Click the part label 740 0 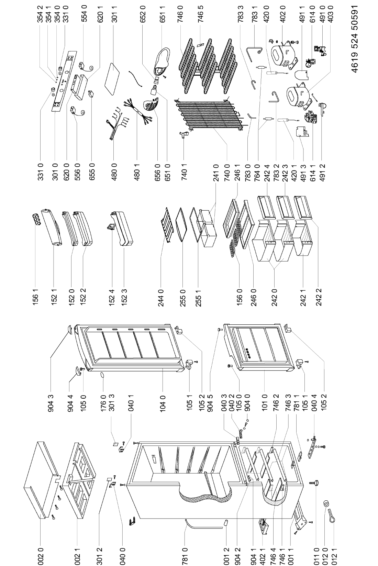tap(227, 171)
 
